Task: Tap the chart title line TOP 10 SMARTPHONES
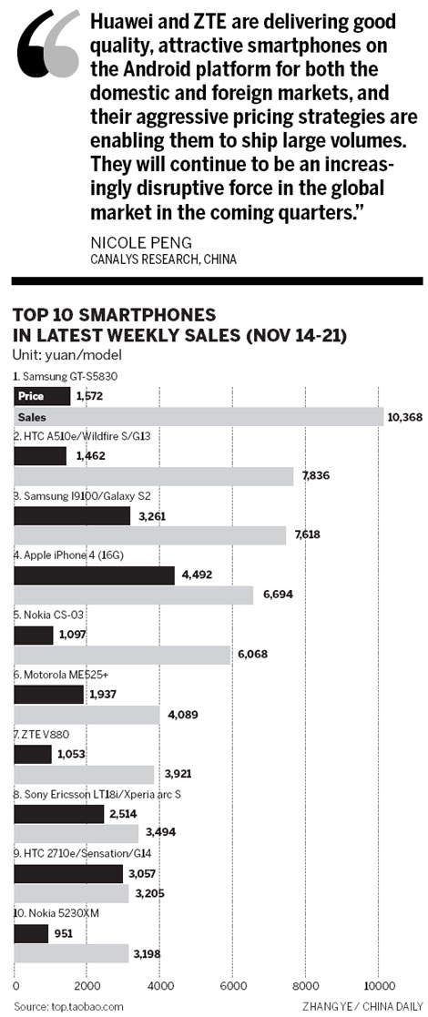point(114,314)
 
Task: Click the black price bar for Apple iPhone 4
point(95,575)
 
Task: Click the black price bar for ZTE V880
point(34,754)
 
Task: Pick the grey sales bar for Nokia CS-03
point(123,656)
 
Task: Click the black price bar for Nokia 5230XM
point(32,932)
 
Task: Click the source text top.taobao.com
point(68,1006)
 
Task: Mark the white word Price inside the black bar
point(31,396)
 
